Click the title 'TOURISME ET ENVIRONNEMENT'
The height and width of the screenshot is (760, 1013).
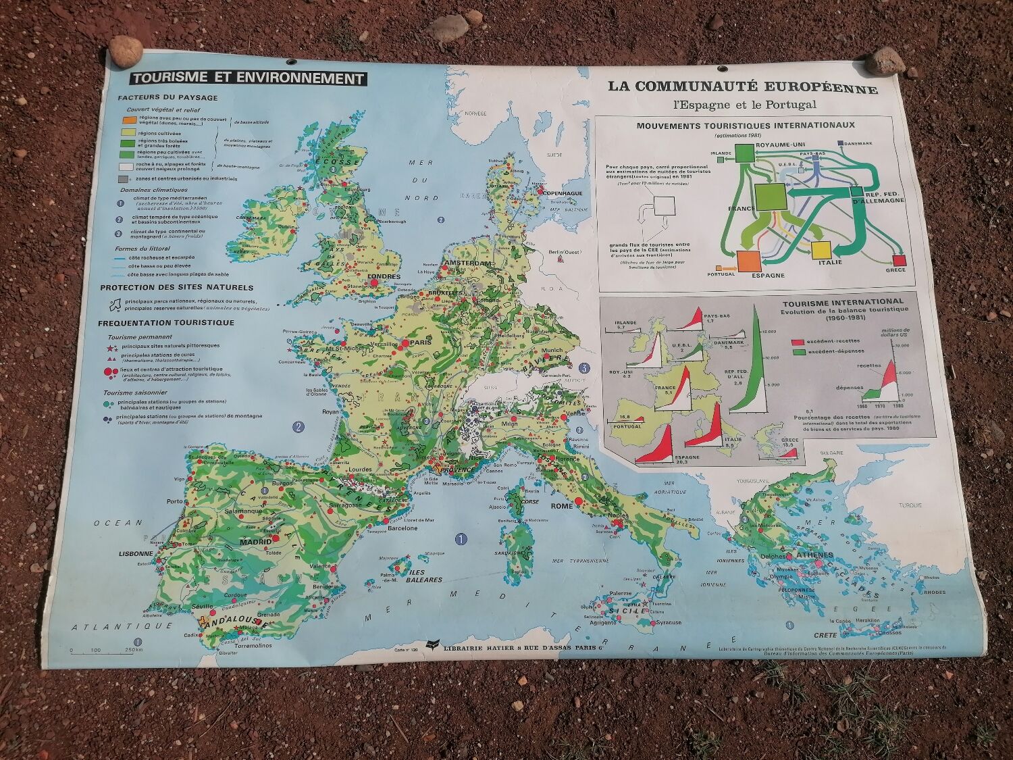click(x=249, y=78)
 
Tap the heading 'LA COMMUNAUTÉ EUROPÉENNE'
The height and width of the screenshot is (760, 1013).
click(x=743, y=87)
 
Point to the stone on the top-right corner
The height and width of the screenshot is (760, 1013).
click(x=885, y=61)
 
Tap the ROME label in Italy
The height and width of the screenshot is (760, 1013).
click(x=562, y=505)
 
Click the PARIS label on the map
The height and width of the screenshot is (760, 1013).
click(x=420, y=343)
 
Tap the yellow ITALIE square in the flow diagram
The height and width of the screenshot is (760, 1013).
click(x=820, y=249)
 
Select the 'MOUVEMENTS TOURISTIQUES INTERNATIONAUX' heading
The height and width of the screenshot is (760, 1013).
click(x=746, y=125)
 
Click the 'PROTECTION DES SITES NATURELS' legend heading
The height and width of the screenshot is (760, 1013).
click(x=177, y=288)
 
